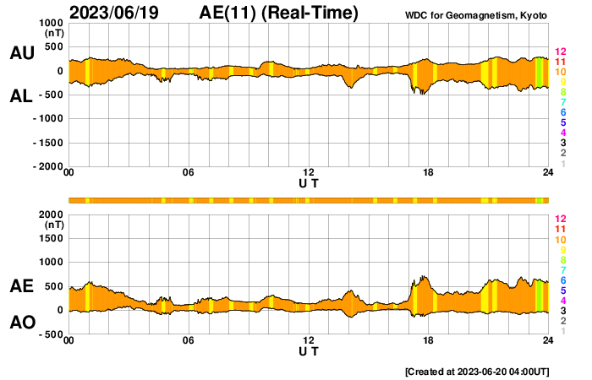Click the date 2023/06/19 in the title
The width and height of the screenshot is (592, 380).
(x=114, y=13)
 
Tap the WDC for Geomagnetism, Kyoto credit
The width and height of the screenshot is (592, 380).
(x=475, y=15)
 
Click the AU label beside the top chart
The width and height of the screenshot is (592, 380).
(x=22, y=52)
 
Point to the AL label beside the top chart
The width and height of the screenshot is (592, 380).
(x=21, y=96)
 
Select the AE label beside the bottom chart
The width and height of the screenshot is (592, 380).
(x=21, y=286)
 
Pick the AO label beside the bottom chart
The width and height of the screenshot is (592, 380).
(x=23, y=323)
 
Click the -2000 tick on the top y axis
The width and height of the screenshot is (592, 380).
(x=48, y=166)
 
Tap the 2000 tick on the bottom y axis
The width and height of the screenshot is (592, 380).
(x=51, y=214)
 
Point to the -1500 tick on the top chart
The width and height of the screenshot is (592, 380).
(x=48, y=143)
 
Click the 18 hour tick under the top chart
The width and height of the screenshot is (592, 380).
(x=428, y=172)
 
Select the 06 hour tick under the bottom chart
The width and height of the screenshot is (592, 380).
(x=188, y=340)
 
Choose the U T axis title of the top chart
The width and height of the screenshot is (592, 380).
(x=309, y=183)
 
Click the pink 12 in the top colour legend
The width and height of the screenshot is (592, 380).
(x=560, y=52)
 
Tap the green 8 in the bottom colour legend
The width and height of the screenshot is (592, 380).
(x=563, y=260)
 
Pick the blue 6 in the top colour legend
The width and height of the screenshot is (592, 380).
(x=563, y=112)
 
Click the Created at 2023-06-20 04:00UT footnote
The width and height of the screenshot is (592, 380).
(x=477, y=372)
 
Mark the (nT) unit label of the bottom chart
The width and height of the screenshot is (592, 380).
(x=54, y=225)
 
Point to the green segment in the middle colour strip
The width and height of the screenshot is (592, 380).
(x=539, y=201)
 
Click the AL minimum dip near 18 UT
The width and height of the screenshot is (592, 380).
(x=423, y=94)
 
